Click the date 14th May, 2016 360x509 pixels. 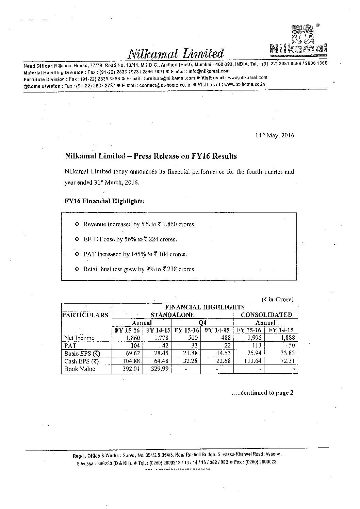[275, 135]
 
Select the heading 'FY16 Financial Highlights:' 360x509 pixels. [105, 201]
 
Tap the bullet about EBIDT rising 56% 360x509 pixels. [130, 239]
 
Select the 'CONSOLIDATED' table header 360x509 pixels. [266, 315]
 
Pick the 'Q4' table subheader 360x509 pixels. [203, 323]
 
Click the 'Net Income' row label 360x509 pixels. [79, 338]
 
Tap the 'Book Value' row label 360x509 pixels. [80, 369]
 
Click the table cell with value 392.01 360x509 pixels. [131, 369]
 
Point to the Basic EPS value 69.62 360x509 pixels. [131, 353]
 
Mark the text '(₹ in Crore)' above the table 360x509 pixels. [277, 300]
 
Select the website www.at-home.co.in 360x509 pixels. [245, 84]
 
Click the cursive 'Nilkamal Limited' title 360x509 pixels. [176, 53]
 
